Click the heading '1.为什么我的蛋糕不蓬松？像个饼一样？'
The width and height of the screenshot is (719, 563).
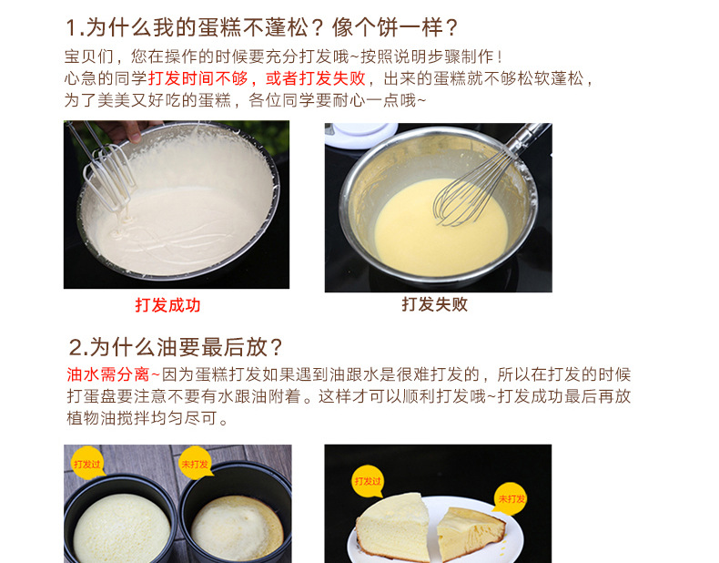pyautogui.click(x=262, y=27)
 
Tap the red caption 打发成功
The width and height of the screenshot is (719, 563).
pyautogui.click(x=167, y=305)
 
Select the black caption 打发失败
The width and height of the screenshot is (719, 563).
pyautogui.click(x=435, y=304)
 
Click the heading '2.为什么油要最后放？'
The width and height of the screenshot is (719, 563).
pyautogui.click(x=175, y=347)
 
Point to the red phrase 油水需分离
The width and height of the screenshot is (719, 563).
pyautogui.click(x=108, y=374)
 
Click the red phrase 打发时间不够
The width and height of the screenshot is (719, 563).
pyautogui.click(x=197, y=78)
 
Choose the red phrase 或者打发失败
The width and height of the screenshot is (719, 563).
pyautogui.click(x=316, y=78)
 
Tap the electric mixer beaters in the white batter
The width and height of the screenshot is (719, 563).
pyautogui.click(x=107, y=174)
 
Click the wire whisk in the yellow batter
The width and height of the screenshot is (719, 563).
pyautogui.click(x=477, y=183)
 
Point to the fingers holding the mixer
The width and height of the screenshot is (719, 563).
pyautogui.click(x=124, y=130)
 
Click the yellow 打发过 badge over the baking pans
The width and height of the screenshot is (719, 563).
pyautogui.click(x=87, y=464)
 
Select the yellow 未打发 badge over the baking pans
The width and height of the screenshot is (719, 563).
pyautogui.click(x=196, y=464)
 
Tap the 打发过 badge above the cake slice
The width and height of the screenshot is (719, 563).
pyautogui.click(x=368, y=481)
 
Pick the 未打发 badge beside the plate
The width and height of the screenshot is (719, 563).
pyautogui.click(x=511, y=498)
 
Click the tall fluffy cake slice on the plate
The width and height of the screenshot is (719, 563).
pyautogui.click(x=392, y=527)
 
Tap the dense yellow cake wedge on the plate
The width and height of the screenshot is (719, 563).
pyautogui.click(x=469, y=532)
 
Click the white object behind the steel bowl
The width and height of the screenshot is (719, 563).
pyautogui.click(x=361, y=135)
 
